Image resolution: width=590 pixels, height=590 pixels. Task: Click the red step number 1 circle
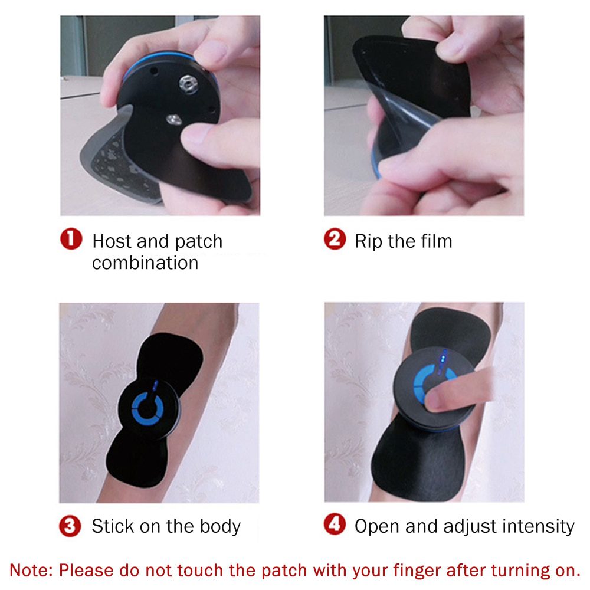[71, 240]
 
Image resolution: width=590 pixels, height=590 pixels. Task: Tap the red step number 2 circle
[335, 240]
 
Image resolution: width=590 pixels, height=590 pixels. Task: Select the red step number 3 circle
[71, 525]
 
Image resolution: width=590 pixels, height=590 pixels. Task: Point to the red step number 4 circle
[335, 525]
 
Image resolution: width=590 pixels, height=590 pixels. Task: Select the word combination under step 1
[145, 263]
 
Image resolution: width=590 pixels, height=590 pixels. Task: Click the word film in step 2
[434, 241]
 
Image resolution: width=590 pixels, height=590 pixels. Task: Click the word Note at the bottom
[31, 571]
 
